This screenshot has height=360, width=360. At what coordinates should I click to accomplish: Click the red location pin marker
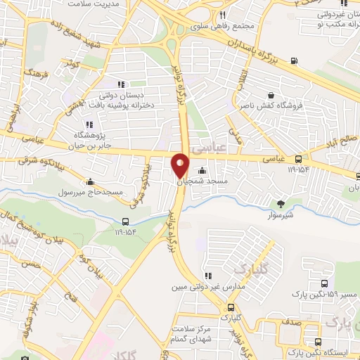pos(180,165)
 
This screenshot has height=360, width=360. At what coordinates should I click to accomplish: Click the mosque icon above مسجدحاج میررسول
pos(91,181)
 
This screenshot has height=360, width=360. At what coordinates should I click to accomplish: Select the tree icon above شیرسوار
pos(281,204)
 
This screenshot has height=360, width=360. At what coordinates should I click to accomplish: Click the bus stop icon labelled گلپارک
pos(231,307)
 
